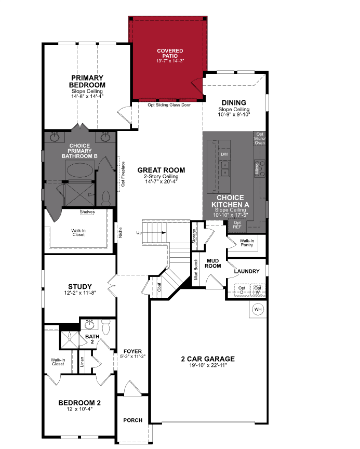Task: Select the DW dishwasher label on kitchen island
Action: pyautogui.click(x=224, y=155)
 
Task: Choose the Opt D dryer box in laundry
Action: pyautogui.click(x=242, y=289)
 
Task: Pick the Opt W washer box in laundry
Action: pyautogui.click(x=258, y=289)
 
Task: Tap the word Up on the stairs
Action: pyautogui.click(x=139, y=232)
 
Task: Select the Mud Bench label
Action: pyautogui.click(x=196, y=269)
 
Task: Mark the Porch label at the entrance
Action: pyautogui.click(x=132, y=420)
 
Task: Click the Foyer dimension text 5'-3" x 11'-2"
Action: pyautogui.click(x=132, y=356)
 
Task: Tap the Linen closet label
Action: pyautogui.click(x=82, y=361)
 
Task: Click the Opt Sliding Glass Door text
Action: pyautogui.click(x=169, y=105)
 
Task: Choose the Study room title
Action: pyautogui.click(x=80, y=286)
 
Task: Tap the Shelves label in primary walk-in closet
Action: pyautogui.click(x=87, y=212)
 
